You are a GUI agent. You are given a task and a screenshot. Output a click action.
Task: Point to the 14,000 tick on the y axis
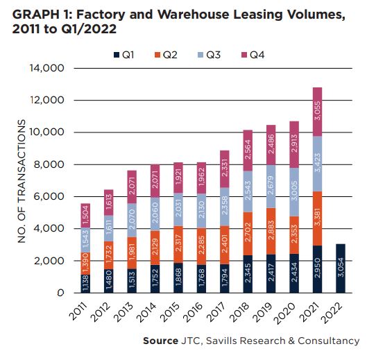46,69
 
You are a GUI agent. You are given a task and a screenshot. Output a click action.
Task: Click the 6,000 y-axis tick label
49,197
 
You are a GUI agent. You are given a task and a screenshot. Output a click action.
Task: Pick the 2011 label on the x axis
78,314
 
